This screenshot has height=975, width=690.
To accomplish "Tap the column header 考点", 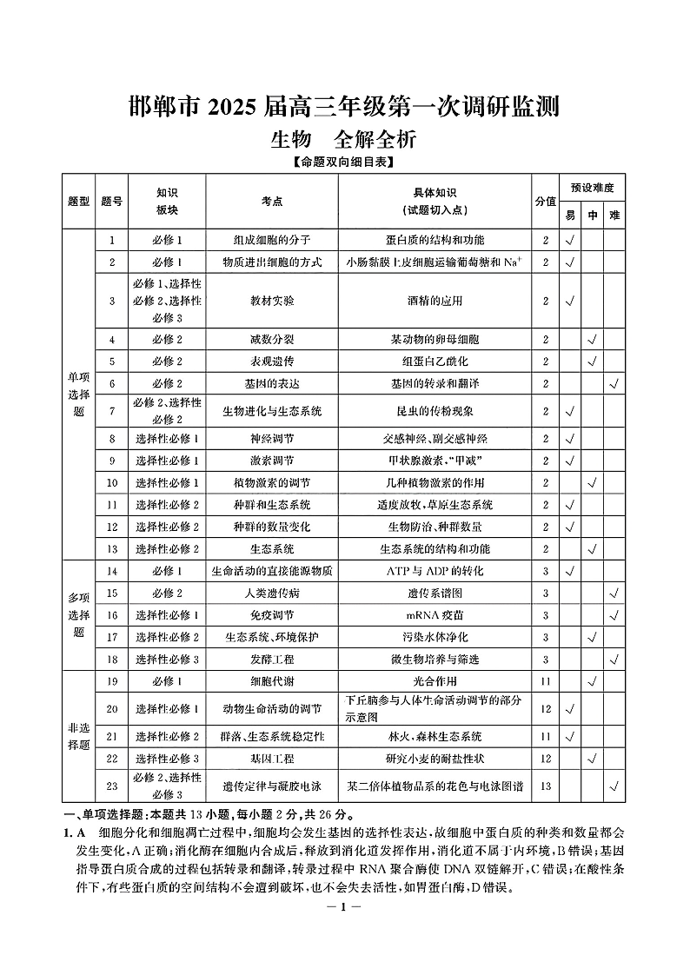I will point(272,202).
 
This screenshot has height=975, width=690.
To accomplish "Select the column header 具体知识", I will point(435,193).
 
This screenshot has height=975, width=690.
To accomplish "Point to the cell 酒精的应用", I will point(435,301).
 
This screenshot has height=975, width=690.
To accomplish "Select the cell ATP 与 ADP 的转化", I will point(435,571).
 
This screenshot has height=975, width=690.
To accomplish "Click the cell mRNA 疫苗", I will point(435,615).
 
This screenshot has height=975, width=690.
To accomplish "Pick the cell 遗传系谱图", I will point(435,593).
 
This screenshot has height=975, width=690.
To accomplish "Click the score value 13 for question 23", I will point(546,786).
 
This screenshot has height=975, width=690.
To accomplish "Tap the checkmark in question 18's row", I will point(614,660).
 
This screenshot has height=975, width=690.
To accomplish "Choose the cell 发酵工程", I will point(272,660).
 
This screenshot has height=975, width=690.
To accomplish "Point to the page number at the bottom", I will point(344,907).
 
